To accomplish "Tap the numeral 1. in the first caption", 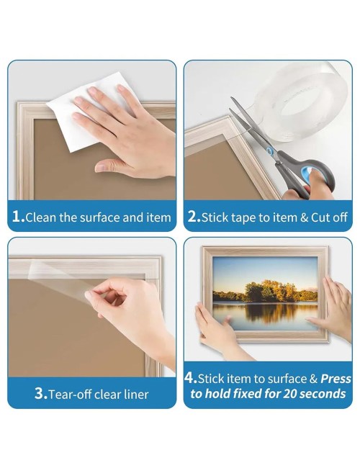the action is pos(19,216).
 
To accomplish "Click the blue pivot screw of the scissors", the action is pos(270,151).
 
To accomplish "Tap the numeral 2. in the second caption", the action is pos(194,216).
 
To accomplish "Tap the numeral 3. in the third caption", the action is pos(41,393).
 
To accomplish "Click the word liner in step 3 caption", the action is pos(137,395).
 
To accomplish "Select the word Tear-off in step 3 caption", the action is pos(69,395).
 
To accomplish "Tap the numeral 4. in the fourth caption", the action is pos(191,377).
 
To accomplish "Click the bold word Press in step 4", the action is pos(336,379).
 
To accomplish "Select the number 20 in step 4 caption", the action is pos(289,393).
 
